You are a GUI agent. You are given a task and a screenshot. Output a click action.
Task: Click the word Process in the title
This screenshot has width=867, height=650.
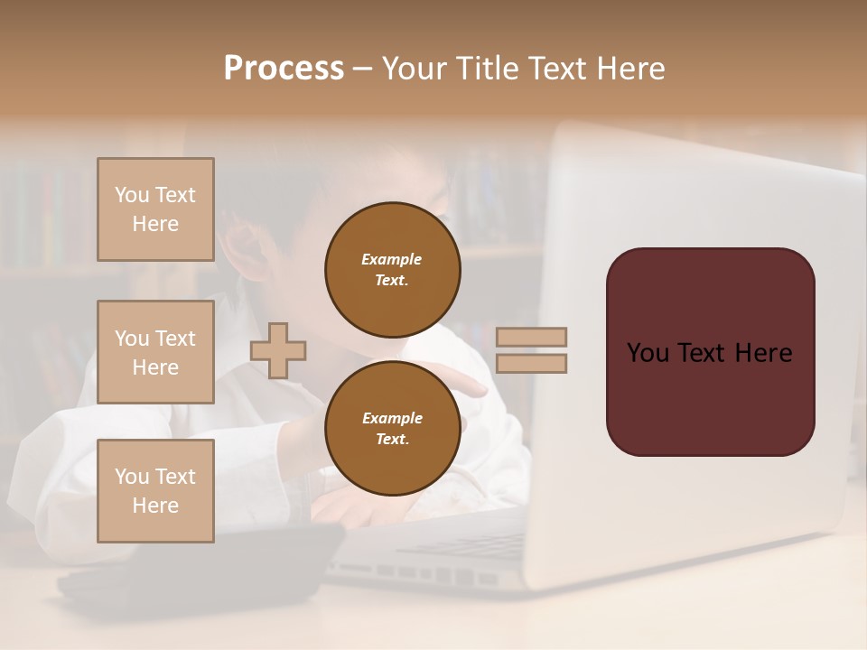284,69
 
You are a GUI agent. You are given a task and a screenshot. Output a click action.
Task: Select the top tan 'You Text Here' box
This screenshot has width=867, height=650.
155,209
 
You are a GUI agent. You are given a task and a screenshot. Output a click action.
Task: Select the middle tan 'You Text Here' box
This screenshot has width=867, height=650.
155,352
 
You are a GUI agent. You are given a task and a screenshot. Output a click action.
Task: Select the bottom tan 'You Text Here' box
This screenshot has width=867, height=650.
155,490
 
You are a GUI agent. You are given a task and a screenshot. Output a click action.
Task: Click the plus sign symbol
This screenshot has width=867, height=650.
278,350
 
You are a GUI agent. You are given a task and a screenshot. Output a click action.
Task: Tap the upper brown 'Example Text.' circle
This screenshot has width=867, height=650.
392,270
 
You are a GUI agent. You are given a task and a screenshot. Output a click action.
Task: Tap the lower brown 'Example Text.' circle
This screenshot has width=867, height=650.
392,429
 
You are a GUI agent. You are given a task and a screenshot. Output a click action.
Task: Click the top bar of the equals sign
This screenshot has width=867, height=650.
531,338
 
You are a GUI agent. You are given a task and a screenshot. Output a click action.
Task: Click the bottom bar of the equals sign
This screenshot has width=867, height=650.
531,363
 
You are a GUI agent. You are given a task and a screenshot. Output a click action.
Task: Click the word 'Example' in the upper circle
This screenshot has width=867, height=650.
391,259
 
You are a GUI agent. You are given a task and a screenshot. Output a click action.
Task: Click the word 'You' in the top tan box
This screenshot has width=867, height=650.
132,195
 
